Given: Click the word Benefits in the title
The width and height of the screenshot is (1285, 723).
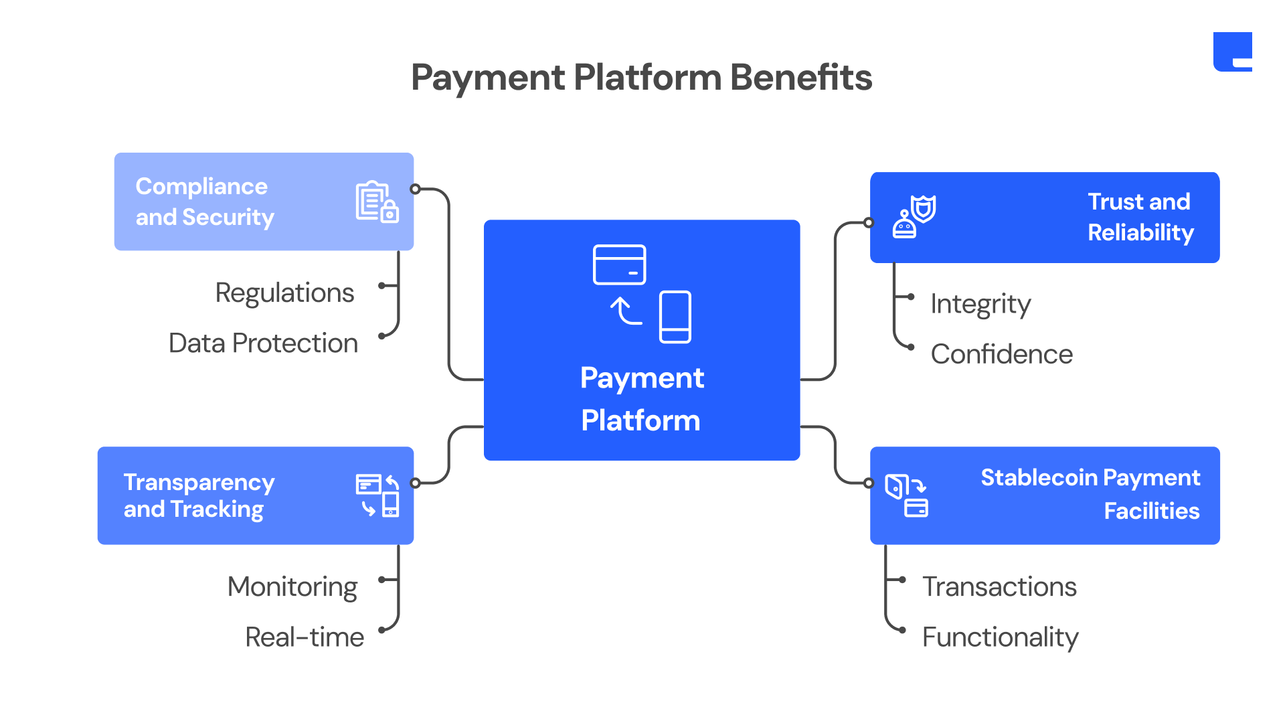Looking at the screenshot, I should (800, 78).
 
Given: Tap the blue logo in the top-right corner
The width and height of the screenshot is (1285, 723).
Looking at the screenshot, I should (1232, 52).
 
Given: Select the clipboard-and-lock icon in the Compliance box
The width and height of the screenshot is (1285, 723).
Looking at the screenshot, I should (377, 202).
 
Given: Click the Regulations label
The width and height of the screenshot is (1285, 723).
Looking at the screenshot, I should (284, 293).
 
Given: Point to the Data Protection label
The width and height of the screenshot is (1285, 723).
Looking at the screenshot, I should (263, 343).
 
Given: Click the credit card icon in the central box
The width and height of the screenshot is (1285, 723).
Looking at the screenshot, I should (619, 264).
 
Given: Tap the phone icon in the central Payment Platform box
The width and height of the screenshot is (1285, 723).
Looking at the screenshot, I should (675, 317).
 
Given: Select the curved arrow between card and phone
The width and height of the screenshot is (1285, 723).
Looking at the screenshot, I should (626, 311).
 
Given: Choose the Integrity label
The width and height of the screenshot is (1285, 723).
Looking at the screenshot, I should (980, 304).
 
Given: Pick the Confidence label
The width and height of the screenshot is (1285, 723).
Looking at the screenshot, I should (1001, 354).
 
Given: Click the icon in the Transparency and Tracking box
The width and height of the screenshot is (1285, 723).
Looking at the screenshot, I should (377, 495).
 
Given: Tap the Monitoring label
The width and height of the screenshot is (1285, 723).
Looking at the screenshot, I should (292, 587).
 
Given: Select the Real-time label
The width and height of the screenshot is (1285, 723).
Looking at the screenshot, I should (305, 637).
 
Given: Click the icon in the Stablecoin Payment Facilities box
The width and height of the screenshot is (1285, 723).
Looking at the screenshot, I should (906, 495).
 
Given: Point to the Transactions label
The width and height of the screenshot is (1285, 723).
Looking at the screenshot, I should (999, 587).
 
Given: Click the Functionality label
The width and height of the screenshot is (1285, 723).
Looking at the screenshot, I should (1000, 637).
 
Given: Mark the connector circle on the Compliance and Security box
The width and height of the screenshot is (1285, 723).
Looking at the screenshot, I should (416, 189).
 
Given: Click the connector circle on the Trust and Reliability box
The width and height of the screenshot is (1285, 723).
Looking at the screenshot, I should (869, 222).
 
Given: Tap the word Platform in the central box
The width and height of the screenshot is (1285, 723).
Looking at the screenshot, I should (640, 420).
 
